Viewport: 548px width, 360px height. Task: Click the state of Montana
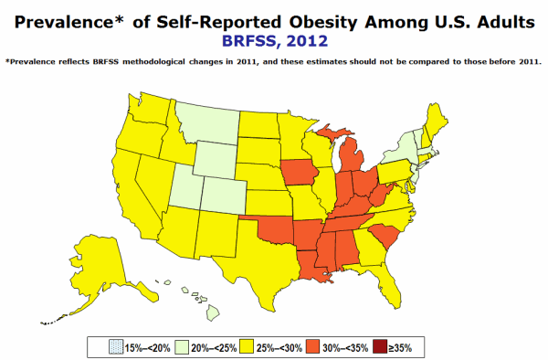point(210,122)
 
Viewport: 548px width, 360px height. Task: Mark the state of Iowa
point(299,173)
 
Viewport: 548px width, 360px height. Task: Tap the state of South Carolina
point(385,236)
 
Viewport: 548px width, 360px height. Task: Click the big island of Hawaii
point(213,312)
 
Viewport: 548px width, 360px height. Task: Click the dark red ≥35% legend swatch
point(380,347)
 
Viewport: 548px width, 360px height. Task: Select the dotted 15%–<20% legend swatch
point(116,347)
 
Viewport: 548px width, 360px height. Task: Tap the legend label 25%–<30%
point(279,348)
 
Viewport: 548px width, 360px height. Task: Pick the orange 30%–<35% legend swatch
point(312,347)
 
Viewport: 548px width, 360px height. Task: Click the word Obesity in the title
point(323,22)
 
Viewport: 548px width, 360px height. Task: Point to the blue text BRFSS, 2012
point(275,40)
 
